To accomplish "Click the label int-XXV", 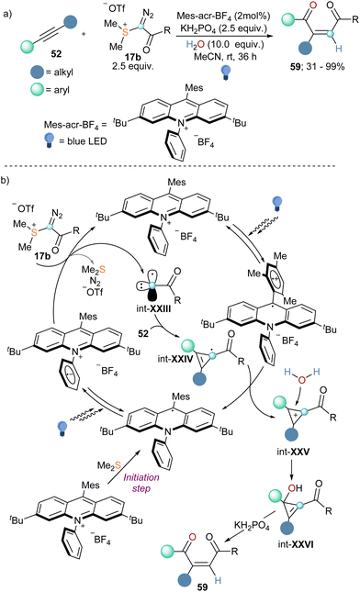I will (x=314, y=439).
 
